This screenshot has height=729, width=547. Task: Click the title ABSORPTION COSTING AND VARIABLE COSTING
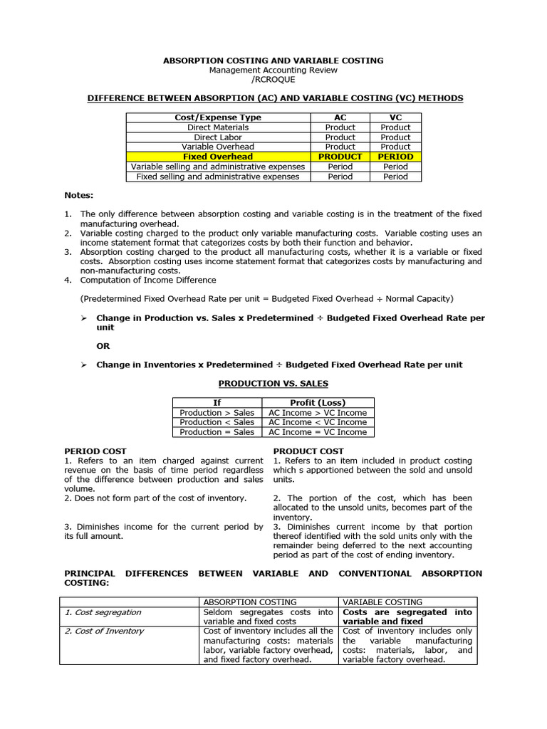273,61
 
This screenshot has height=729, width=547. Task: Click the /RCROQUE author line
273,79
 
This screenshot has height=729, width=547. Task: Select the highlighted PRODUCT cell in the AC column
340,157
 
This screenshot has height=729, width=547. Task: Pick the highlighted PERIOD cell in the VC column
395,157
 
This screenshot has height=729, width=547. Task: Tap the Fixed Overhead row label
217,157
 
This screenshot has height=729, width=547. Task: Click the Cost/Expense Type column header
217,117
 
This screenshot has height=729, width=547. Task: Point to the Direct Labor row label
217,137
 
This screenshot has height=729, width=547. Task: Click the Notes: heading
79,194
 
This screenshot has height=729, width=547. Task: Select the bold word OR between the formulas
103,346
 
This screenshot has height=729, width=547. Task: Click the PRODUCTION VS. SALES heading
273,384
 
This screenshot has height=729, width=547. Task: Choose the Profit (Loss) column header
317,403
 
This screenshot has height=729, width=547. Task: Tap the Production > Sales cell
217,413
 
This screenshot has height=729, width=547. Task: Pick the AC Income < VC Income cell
317,422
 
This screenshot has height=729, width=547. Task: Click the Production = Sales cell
217,432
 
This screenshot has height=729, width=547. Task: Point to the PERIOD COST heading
95,451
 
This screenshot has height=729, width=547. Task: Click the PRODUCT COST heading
308,451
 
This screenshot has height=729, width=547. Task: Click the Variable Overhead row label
217,147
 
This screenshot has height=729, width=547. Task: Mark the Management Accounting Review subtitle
273,70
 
